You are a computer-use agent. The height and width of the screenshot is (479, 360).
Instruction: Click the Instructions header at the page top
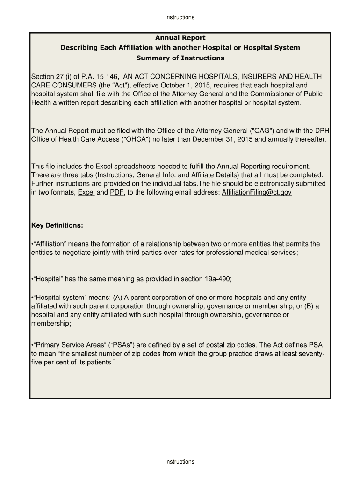180,17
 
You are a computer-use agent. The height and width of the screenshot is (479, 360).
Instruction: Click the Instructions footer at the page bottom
180,462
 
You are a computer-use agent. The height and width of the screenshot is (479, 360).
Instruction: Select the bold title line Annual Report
180,38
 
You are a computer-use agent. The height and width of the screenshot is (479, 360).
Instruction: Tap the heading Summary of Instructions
180,58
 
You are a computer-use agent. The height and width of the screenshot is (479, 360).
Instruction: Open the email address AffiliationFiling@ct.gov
257,193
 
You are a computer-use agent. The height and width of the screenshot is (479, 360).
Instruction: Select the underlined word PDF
116,193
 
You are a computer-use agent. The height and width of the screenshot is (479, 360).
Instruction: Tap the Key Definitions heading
57,226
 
